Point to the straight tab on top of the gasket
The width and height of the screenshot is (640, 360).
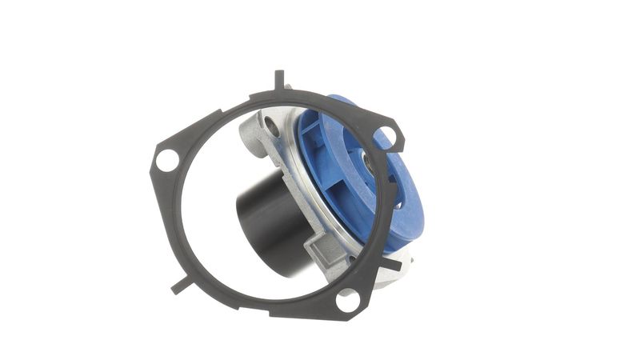[278, 80]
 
